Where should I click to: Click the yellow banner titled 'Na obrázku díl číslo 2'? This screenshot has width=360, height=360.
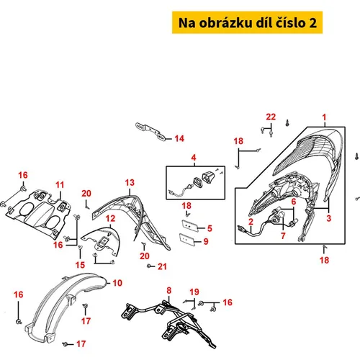coord(247,22)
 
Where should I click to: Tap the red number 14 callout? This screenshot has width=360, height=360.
coord(179,138)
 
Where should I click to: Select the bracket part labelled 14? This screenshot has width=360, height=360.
coord(150,131)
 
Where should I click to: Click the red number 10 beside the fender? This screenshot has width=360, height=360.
coord(117,283)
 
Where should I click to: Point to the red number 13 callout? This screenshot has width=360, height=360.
coord(130,183)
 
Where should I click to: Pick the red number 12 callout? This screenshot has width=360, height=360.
coord(110,218)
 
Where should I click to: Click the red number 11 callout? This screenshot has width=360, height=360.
coord(60,185)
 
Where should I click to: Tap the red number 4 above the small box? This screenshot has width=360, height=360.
coord(194,158)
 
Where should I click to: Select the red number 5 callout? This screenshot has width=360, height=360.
coord(210,228)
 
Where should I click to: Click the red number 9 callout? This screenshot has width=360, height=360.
coord(206,241)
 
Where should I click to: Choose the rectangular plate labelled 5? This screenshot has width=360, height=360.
coord(189,225)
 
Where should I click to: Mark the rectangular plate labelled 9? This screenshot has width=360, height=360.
coord(186,239)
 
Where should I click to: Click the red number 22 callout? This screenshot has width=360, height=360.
coord(271,117)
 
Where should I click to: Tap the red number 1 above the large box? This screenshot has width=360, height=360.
coord(324,117)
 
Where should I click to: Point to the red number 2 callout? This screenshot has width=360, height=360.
coord(251,222)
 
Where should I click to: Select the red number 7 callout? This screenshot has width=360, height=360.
coord(283,235)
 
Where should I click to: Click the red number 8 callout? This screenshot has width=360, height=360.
coord(169,290)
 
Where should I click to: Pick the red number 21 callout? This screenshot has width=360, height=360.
coord(162,266)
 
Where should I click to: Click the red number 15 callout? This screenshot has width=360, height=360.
coord(80,265)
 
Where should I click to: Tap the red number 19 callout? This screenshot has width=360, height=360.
coord(194,292)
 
